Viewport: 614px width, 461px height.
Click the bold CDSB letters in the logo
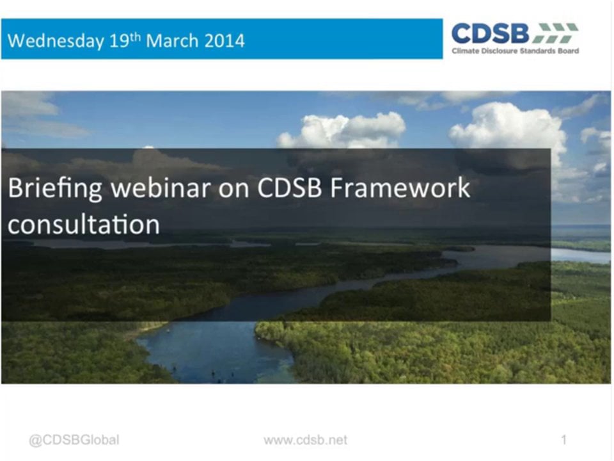tap(490, 33)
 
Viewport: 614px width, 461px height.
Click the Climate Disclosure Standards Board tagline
tap(515, 51)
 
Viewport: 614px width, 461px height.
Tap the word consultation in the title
tap(83, 225)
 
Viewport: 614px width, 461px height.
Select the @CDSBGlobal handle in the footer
tap(74, 440)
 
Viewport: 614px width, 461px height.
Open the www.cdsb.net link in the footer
tap(306, 440)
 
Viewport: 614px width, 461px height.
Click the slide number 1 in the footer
tap(563, 440)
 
